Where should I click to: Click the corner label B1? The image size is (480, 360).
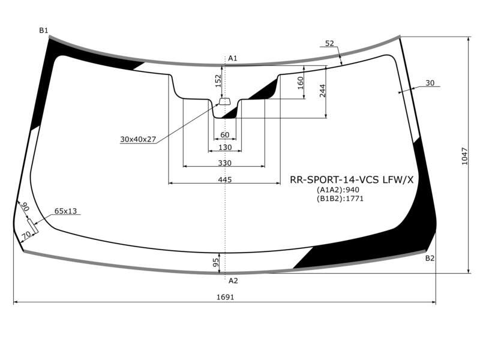[43, 31]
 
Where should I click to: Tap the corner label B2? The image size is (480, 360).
[430, 259]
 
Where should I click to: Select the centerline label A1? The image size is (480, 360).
[233, 58]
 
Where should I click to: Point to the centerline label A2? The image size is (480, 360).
[233, 280]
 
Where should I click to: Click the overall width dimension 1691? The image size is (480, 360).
[226, 297]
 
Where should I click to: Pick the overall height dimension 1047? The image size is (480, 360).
[464, 157]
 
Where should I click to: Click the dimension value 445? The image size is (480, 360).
[225, 179]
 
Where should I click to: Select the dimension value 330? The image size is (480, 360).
[224, 163]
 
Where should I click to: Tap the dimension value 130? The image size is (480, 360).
[225, 148]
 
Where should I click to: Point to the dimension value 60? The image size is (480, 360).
[224, 134]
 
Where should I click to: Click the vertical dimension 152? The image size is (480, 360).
[218, 81]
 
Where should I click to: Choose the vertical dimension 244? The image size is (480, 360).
[322, 91]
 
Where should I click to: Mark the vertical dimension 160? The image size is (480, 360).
[300, 83]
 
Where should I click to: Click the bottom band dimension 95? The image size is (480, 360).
[216, 262]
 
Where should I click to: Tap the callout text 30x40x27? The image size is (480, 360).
[138, 139]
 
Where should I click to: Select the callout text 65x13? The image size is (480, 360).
[65, 211]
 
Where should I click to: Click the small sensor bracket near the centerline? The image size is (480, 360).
[225, 101]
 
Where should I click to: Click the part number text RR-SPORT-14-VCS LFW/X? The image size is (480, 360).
[352, 179]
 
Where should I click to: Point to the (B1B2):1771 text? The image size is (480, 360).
[340, 199]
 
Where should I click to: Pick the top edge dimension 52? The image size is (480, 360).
[329, 44]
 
